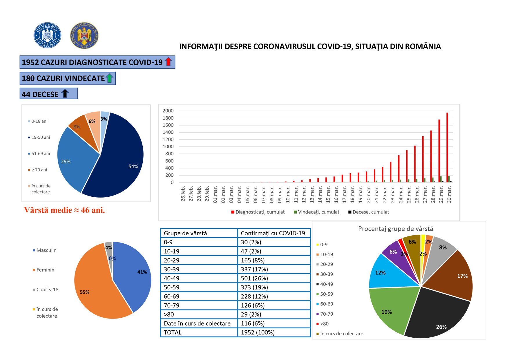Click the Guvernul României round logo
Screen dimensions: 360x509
(x=47, y=35)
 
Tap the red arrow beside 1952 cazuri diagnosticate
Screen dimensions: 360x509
(x=168, y=61)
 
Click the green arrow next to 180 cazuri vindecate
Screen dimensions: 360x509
(x=109, y=78)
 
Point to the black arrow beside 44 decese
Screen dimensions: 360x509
(x=65, y=93)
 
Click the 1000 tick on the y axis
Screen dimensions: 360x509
(x=168, y=146)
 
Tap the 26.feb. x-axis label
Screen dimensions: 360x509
(x=183, y=194)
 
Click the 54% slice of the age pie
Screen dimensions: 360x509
(x=122, y=162)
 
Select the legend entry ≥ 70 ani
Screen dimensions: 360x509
(x=39, y=170)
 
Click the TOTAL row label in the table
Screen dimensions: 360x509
(x=173, y=332)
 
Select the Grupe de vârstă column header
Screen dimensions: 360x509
(x=185, y=233)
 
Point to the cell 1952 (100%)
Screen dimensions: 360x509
(x=258, y=332)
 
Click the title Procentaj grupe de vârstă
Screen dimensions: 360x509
(x=395, y=229)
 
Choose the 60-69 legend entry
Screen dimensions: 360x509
(x=326, y=304)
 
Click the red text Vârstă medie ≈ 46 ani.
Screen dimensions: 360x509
(x=64, y=210)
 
